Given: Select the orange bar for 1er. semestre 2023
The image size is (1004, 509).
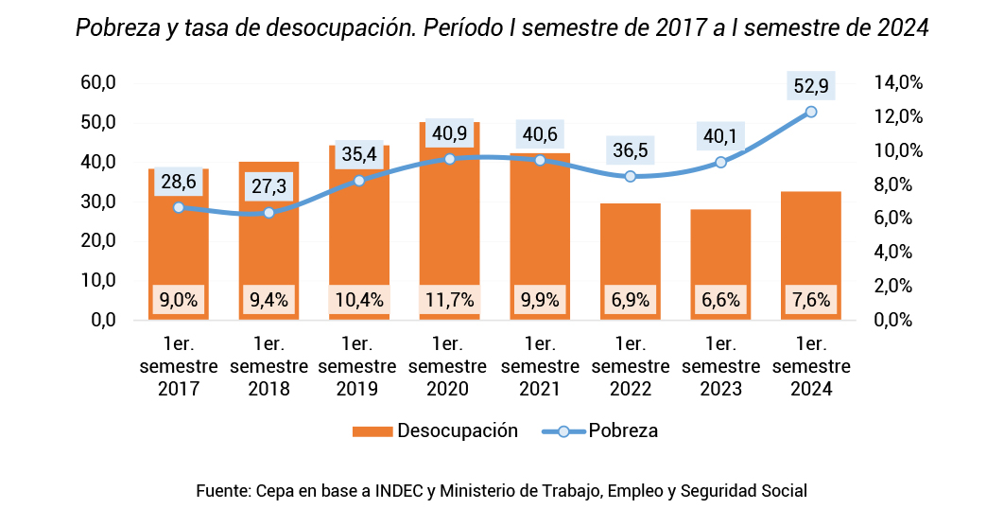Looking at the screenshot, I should (720, 255).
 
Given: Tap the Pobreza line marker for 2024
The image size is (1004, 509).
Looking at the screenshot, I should (811, 112).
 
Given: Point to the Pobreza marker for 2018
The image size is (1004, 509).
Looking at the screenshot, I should (268, 213).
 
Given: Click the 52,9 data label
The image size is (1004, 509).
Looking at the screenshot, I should (811, 87).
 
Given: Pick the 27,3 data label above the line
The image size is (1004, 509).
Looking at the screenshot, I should (268, 186).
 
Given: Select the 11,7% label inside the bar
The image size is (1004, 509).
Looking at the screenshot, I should (449, 301).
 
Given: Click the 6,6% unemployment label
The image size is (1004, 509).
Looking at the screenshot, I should (720, 301).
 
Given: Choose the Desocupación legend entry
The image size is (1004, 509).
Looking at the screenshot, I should (435, 431).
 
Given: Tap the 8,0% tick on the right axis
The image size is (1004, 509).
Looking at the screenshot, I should (902, 184).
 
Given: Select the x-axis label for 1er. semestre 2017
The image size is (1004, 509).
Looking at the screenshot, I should (179, 366).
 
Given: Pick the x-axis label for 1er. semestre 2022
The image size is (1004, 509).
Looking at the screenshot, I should (630, 366).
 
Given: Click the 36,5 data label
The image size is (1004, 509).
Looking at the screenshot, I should (630, 149).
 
